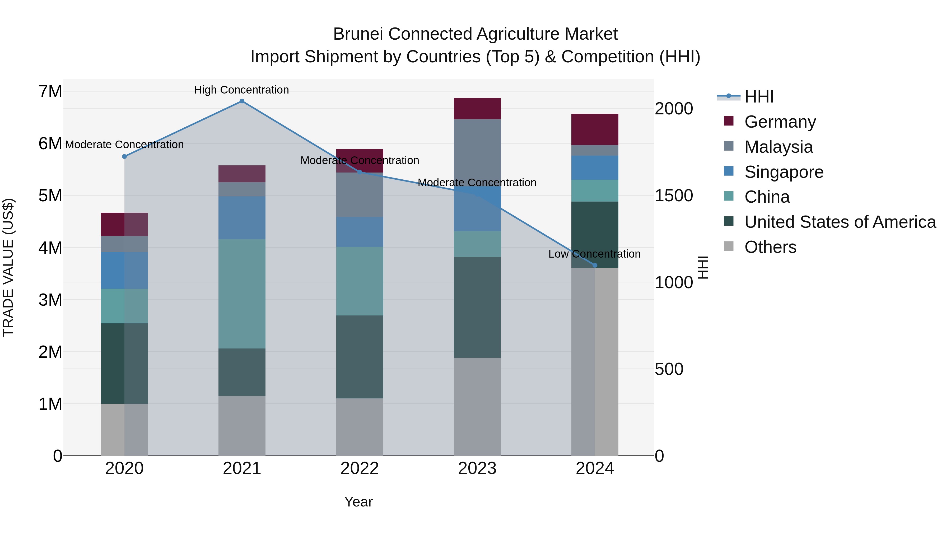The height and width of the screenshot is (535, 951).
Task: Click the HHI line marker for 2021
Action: pos(242,101)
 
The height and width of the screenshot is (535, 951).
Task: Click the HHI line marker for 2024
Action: pos(595,266)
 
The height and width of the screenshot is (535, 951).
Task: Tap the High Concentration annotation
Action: pos(241,90)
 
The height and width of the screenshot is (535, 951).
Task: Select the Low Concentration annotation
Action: pos(594,254)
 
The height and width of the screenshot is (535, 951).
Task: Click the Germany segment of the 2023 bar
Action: pos(477,109)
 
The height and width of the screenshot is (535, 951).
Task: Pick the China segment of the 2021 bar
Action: pos(242,294)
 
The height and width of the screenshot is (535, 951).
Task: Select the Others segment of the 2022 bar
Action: pos(360,427)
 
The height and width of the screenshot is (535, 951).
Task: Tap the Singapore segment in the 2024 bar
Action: pos(595,168)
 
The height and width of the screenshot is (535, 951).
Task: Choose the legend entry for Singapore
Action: pos(784,172)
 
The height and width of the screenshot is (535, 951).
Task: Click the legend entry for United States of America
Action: pos(840,222)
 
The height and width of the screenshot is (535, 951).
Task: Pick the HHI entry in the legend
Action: pos(759,97)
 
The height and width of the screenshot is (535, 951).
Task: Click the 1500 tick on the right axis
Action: pos(674,196)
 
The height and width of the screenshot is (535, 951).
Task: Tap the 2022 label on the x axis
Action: pos(360,468)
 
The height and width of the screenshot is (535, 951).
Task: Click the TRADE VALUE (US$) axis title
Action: pos(8,267)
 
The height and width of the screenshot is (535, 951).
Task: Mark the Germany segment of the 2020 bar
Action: pos(124,225)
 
